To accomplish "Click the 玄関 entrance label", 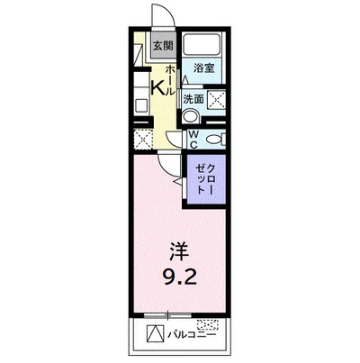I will [161, 46].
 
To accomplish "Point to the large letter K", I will [157, 87].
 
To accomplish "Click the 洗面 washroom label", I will [193, 98].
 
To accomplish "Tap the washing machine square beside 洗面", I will [216, 99].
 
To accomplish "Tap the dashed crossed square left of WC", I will [143, 139].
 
